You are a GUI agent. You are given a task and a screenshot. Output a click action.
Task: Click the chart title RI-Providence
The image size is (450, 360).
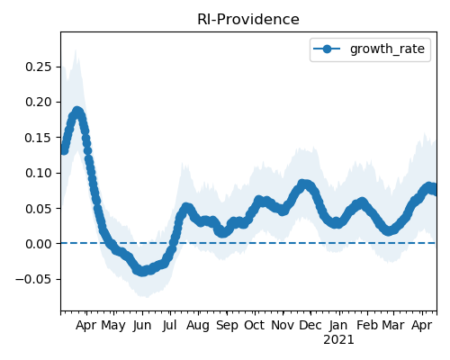click(x=248, y=20)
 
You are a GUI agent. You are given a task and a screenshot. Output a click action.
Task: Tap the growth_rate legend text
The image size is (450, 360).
click(x=387, y=49)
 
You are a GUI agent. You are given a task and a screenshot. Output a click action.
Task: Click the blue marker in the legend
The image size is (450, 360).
click(x=327, y=49)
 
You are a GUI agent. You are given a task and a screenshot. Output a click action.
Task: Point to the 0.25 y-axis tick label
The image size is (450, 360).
click(x=39, y=67)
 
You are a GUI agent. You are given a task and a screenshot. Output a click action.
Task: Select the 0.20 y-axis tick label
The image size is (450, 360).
click(x=39, y=102)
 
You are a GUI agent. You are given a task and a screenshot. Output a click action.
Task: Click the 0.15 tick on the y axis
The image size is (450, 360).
click(x=39, y=138)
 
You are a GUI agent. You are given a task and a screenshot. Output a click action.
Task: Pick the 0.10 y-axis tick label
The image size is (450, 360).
click(x=39, y=173)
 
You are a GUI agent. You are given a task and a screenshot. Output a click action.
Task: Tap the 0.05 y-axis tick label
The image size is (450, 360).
click(x=39, y=209)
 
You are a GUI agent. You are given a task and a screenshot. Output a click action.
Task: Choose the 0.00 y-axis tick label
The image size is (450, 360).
click(x=39, y=244)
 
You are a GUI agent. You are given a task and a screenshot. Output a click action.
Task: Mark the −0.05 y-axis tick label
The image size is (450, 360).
click(x=33, y=279)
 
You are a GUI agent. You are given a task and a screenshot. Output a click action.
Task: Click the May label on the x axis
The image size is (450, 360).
click(x=113, y=326)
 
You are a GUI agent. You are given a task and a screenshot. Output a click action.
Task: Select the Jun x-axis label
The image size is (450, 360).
click(x=141, y=326)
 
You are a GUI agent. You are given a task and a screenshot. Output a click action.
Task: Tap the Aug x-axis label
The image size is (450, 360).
click(x=198, y=326)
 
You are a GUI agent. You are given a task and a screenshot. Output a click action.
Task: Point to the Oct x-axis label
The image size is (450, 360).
click(x=255, y=325)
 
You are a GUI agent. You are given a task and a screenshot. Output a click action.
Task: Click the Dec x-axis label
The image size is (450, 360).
click(x=310, y=325)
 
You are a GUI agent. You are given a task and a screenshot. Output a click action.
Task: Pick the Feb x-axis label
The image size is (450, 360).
click(x=367, y=325)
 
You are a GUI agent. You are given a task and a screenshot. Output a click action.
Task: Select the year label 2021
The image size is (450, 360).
click(x=338, y=340)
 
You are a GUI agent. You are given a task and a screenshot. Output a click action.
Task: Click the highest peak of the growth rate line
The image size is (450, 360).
click(x=77, y=112)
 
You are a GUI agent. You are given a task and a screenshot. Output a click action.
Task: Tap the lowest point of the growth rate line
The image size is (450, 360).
click(x=142, y=272)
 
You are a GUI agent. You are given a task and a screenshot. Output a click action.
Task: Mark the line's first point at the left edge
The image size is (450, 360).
click(x=64, y=150)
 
